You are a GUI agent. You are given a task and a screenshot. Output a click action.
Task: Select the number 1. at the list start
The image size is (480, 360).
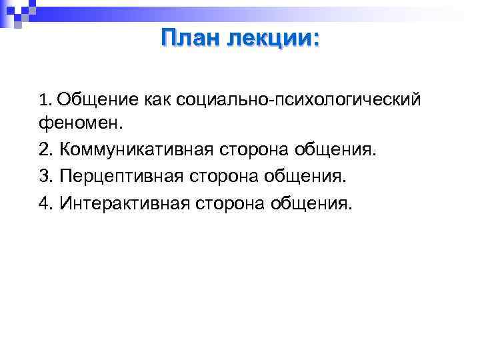click(45, 101)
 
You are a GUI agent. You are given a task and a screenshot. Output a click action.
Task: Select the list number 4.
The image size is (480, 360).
click(45, 202)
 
